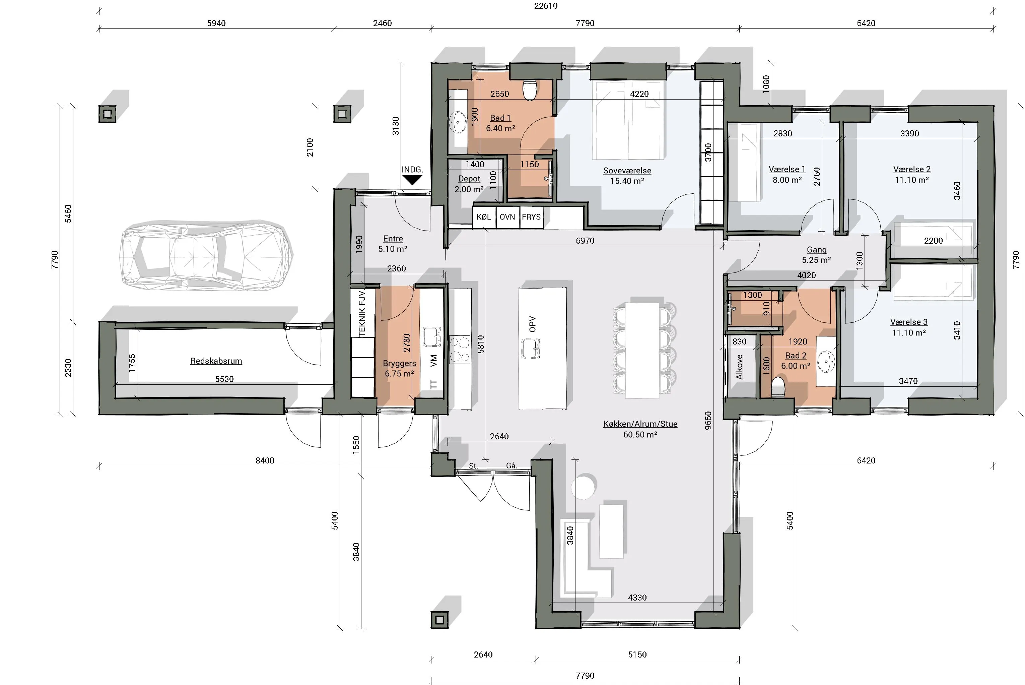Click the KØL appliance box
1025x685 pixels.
[x=484, y=217]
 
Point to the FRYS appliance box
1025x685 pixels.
[x=531, y=217]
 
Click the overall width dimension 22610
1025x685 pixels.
[x=546, y=6]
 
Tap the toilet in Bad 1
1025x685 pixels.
[x=530, y=89]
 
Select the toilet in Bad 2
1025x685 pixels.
[x=778, y=387]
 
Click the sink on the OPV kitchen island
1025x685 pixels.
[x=531, y=349]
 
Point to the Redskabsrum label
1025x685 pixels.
[x=216, y=361]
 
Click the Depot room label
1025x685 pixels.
[x=469, y=179]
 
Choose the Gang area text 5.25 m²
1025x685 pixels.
[x=816, y=260]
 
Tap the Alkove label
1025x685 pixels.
[x=739, y=367]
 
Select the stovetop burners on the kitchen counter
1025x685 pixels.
[x=460, y=350]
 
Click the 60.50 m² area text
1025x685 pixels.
[x=640, y=434]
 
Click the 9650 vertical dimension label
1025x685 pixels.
[x=708, y=420]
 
